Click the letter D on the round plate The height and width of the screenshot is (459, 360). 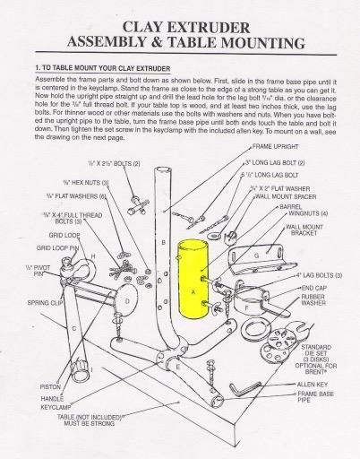click(127, 301)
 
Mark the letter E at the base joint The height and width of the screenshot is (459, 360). click(178, 368)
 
